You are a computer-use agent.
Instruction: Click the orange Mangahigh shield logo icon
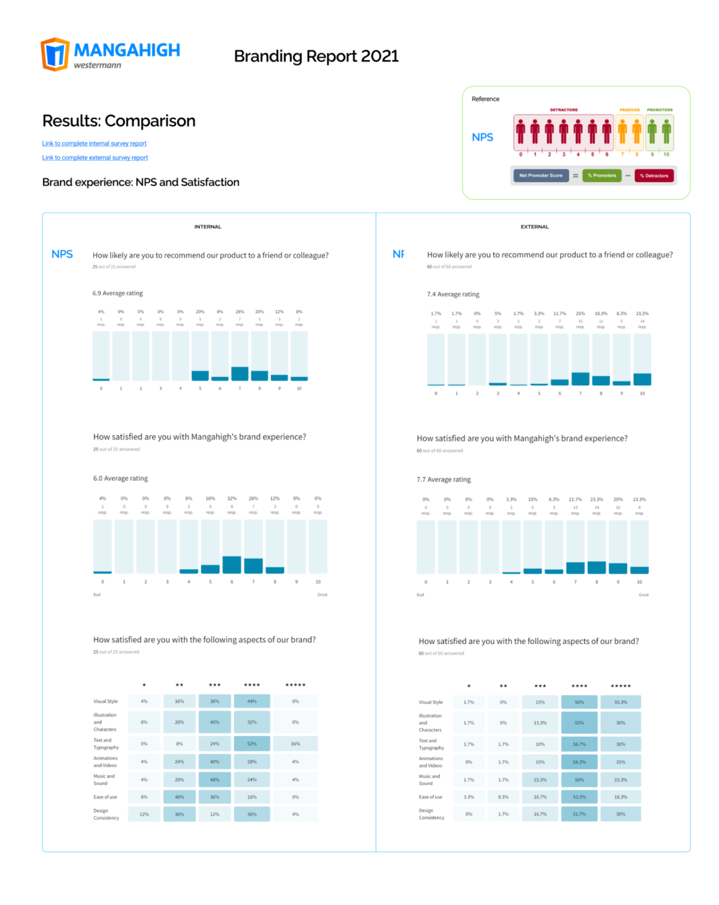click(x=55, y=54)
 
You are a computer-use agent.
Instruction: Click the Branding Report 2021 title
click(x=316, y=56)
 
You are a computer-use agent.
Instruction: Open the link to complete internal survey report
click(x=94, y=143)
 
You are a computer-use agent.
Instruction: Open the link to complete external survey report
click(x=95, y=158)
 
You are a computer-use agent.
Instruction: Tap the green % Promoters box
click(x=602, y=176)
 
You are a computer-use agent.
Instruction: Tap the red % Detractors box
click(x=654, y=176)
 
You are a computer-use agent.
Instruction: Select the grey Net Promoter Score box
click(x=540, y=176)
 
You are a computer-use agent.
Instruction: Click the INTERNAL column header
click(x=208, y=227)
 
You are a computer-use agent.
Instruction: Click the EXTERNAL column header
click(x=534, y=227)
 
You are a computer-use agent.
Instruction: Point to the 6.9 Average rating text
click(x=117, y=293)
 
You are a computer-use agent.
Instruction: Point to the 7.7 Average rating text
click(x=444, y=480)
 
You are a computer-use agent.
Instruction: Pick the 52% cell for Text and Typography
click(x=252, y=744)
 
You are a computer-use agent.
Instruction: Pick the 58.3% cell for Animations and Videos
click(x=579, y=762)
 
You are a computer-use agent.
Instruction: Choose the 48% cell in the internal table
click(x=215, y=780)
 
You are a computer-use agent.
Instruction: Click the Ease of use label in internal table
click(x=105, y=797)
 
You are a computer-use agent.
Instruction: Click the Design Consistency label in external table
click(x=431, y=814)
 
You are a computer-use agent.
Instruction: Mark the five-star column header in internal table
click(x=296, y=685)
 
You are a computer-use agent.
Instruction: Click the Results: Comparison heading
click(x=119, y=121)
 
